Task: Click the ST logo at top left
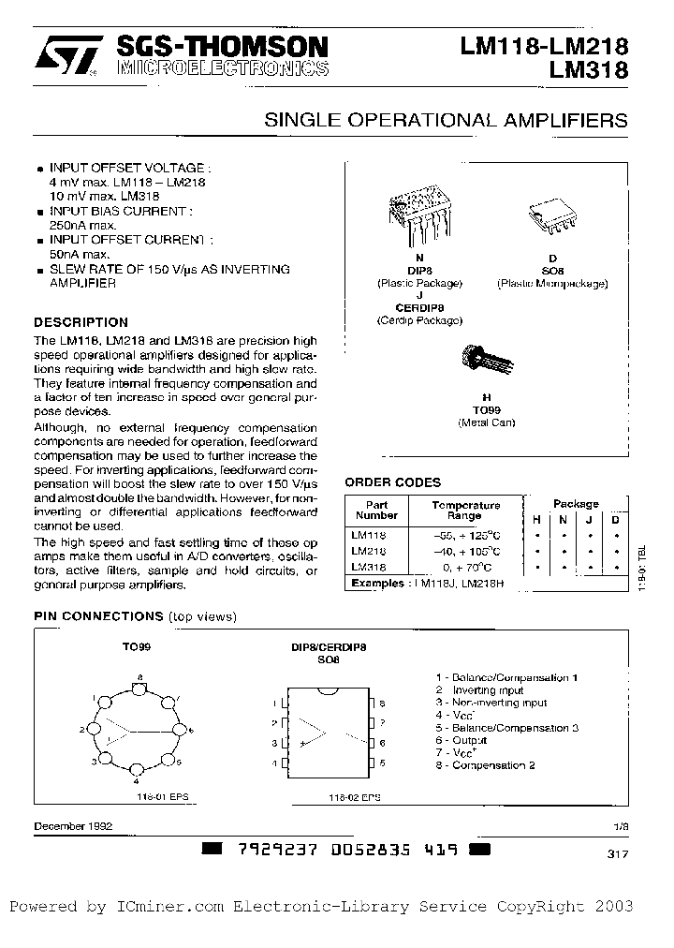[65, 55]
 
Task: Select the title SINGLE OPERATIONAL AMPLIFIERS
[447, 121]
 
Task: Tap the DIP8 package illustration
[419, 211]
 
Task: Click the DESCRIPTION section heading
[81, 322]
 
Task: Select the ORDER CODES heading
[392, 482]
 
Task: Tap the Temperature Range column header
[465, 510]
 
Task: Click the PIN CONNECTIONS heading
[98, 616]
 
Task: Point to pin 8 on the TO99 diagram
[140, 689]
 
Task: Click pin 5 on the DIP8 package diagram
[373, 764]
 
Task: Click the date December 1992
[73, 826]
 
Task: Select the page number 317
[617, 853]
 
